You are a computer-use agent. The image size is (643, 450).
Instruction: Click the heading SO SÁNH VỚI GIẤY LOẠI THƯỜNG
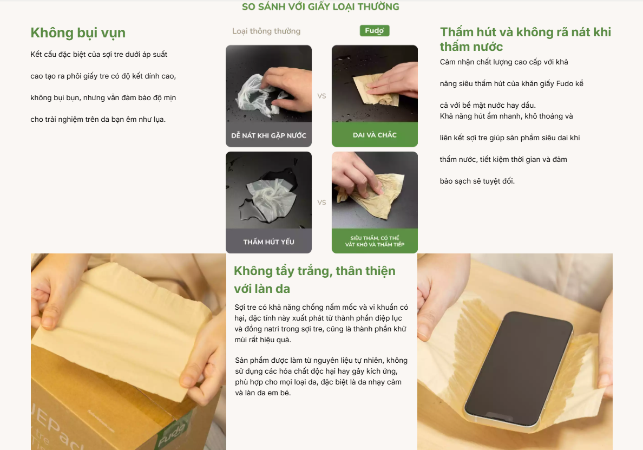pyautogui.click(x=320, y=7)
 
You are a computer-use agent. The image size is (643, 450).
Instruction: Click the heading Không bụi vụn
pyautogui.click(x=78, y=32)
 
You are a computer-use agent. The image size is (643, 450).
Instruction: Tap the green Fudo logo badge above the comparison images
pyautogui.click(x=375, y=31)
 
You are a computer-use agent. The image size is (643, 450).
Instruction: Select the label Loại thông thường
pyautogui.click(x=266, y=31)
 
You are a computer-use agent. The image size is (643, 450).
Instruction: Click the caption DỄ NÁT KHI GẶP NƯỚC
pyautogui.click(x=268, y=135)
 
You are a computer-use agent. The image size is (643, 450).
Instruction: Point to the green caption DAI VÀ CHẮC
pyautogui.click(x=375, y=135)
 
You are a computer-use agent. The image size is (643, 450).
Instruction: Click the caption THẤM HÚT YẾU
pyautogui.click(x=268, y=242)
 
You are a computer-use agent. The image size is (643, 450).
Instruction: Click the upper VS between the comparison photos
pyautogui.click(x=321, y=96)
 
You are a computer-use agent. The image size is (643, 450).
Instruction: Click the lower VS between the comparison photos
pyautogui.click(x=321, y=203)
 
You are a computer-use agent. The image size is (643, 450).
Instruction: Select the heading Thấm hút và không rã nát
pyautogui.click(x=525, y=39)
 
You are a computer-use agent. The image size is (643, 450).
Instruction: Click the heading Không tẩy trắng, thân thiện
pyautogui.click(x=314, y=279)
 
